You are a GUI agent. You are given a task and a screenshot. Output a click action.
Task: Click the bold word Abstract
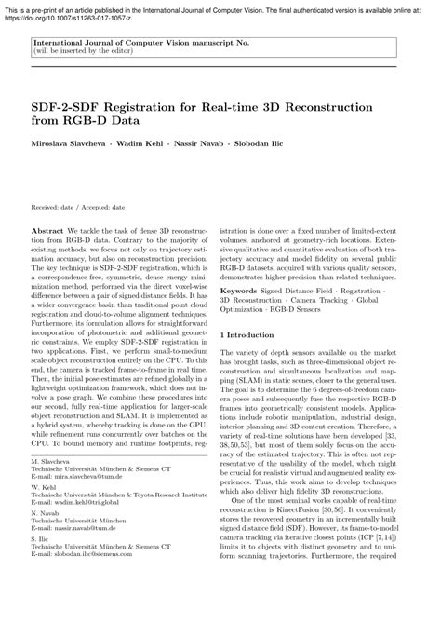pyautogui.click(x=47, y=228)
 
